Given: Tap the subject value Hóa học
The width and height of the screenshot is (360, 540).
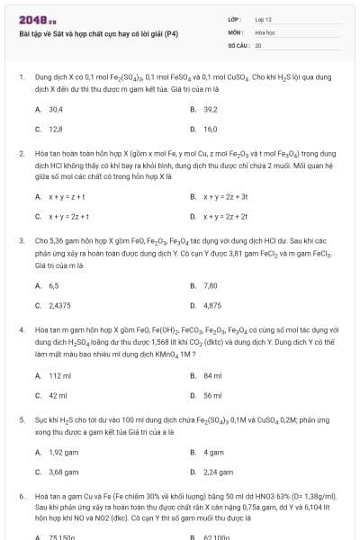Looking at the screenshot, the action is (265, 31).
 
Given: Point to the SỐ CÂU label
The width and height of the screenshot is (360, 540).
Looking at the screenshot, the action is (238, 44).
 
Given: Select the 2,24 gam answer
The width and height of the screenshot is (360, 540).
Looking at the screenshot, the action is (219, 472).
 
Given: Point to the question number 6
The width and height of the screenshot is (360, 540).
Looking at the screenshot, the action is (21, 496).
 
